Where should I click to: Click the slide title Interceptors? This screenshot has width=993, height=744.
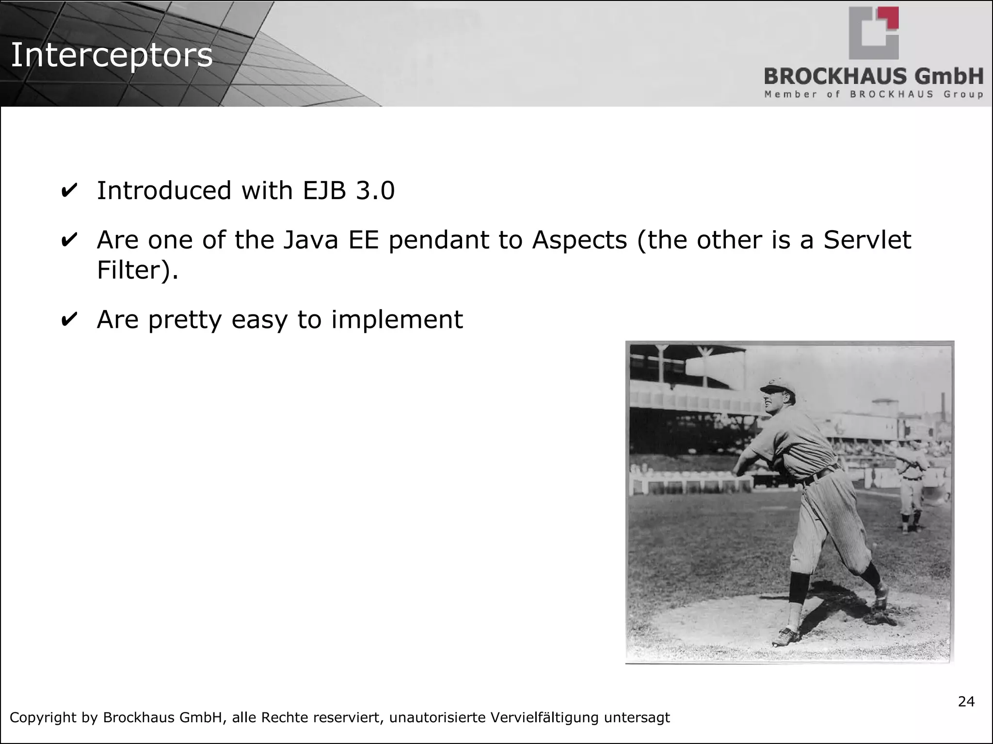coord(112,55)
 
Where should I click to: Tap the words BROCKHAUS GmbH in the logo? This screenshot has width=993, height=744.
coord(873,77)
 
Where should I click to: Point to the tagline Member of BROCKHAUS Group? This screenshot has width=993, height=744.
coord(873,94)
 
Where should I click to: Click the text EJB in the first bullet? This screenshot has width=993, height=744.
coord(324,190)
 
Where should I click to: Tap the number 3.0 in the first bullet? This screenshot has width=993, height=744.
coord(375,190)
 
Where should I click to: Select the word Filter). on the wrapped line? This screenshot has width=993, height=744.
coord(138,270)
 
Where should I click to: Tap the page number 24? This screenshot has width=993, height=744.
coord(966,701)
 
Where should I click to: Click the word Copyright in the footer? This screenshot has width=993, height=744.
coord(43,717)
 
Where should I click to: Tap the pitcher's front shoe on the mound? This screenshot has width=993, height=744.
coord(785,636)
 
